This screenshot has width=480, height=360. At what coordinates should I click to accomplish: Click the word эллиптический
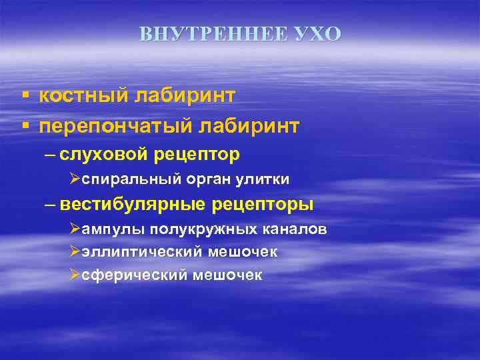coord(141,253)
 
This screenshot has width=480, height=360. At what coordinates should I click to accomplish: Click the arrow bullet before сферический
coord(75,275)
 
